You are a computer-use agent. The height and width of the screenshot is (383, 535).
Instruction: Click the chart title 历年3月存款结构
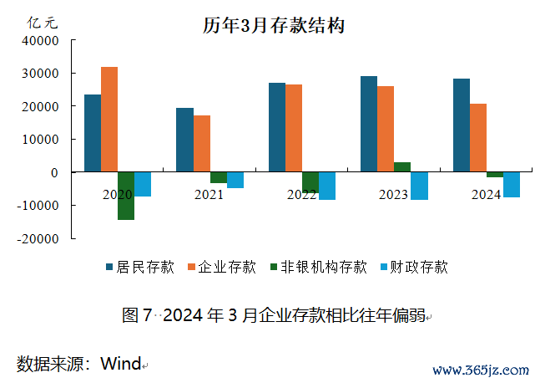[274, 25]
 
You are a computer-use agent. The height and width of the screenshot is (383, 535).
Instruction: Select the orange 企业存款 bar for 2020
[109, 120]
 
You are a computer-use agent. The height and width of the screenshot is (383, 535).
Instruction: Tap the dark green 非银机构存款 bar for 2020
[126, 196]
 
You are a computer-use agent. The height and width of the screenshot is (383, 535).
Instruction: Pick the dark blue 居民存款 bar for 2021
[184, 140]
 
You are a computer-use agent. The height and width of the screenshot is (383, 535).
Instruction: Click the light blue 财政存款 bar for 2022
[327, 186]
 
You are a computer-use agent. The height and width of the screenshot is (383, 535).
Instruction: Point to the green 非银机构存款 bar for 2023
[402, 167]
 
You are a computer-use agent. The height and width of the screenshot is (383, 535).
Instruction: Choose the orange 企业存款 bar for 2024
[478, 138]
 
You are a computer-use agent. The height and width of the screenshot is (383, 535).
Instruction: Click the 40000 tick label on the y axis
[42, 41]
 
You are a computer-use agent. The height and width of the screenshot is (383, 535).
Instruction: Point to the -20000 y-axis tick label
[39, 238]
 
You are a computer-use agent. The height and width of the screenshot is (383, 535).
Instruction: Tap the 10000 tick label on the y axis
[42, 140]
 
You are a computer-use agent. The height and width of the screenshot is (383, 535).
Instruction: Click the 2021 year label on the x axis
[209, 195]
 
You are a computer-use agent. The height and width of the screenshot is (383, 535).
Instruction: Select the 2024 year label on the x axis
[486, 195]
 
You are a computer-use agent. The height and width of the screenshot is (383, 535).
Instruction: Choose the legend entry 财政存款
[419, 268]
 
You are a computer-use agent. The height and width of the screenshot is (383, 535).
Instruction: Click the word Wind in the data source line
[120, 364]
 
